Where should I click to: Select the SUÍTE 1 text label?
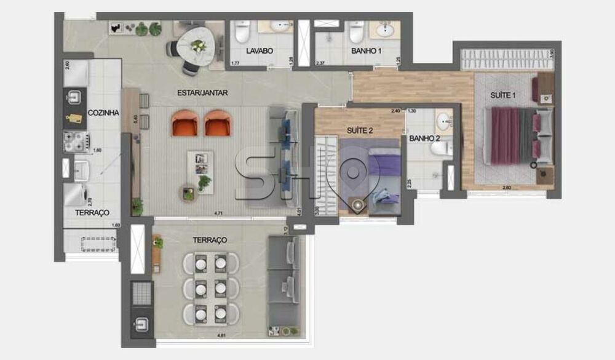[x=503, y=95]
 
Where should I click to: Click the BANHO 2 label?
[x=424, y=138]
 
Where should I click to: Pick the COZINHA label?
[x=103, y=113]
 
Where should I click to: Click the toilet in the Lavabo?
[x=242, y=31]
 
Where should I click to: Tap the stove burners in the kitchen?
[x=74, y=142]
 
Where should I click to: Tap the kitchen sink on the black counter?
[x=74, y=98]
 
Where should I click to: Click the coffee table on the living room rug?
[x=200, y=165]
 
